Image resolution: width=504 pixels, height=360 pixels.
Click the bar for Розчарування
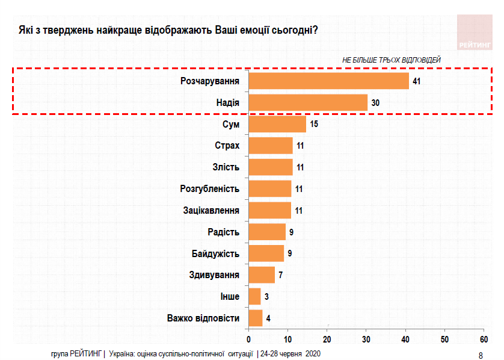click(x=328, y=81)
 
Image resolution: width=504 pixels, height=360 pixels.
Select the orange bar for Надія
click(x=307, y=103)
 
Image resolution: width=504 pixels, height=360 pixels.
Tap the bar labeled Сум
click(x=277, y=125)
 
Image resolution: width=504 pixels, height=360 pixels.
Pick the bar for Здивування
click(x=262, y=275)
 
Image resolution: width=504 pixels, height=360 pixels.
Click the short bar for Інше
click(x=254, y=297)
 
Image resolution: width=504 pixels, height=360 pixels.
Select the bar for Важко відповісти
click(x=256, y=318)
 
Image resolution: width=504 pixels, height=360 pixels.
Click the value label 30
click(x=375, y=103)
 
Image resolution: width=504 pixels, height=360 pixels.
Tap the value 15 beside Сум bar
click(x=313, y=125)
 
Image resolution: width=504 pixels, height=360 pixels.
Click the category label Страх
click(x=227, y=146)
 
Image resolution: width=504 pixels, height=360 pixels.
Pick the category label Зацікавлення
click(x=211, y=211)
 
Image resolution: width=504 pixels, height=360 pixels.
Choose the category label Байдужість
click(x=215, y=253)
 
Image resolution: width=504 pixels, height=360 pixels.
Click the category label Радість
click(x=223, y=232)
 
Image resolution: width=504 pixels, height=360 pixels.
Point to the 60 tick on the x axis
click(x=484, y=337)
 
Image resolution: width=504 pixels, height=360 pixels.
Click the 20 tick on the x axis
click(x=327, y=337)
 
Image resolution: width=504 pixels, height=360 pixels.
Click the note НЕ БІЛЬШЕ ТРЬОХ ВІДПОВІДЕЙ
click(x=391, y=60)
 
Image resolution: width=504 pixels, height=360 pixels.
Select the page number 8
click(x=480, y=355)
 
